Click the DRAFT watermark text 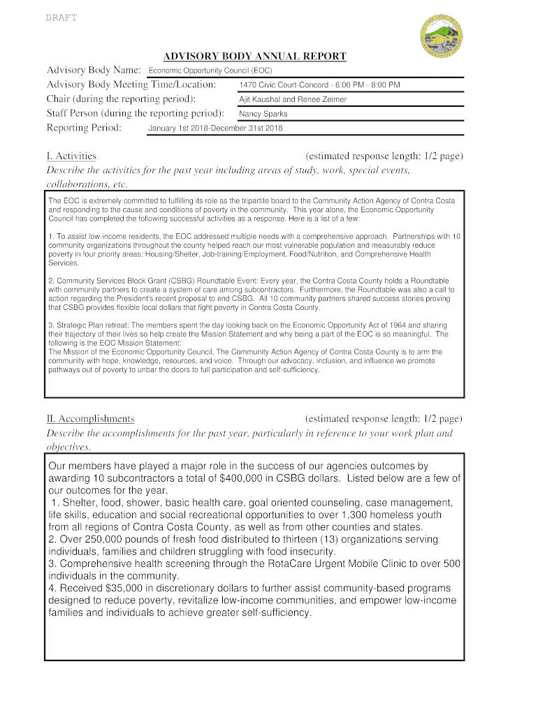tap(62, 18)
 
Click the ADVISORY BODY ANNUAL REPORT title tap(254, 56)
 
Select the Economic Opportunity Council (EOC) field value tap(210, 71)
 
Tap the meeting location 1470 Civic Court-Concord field tap(319, 85)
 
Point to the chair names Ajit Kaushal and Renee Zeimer tap(293, 99)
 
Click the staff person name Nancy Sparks tap(263, 114)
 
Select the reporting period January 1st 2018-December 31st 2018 tap(215, 128)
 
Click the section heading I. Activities tap(71, 156)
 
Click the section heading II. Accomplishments tap(90, 419)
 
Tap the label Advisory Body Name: tap(94, 71)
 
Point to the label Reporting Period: tap(84, 128)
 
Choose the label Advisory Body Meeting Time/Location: tap(131, 84)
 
